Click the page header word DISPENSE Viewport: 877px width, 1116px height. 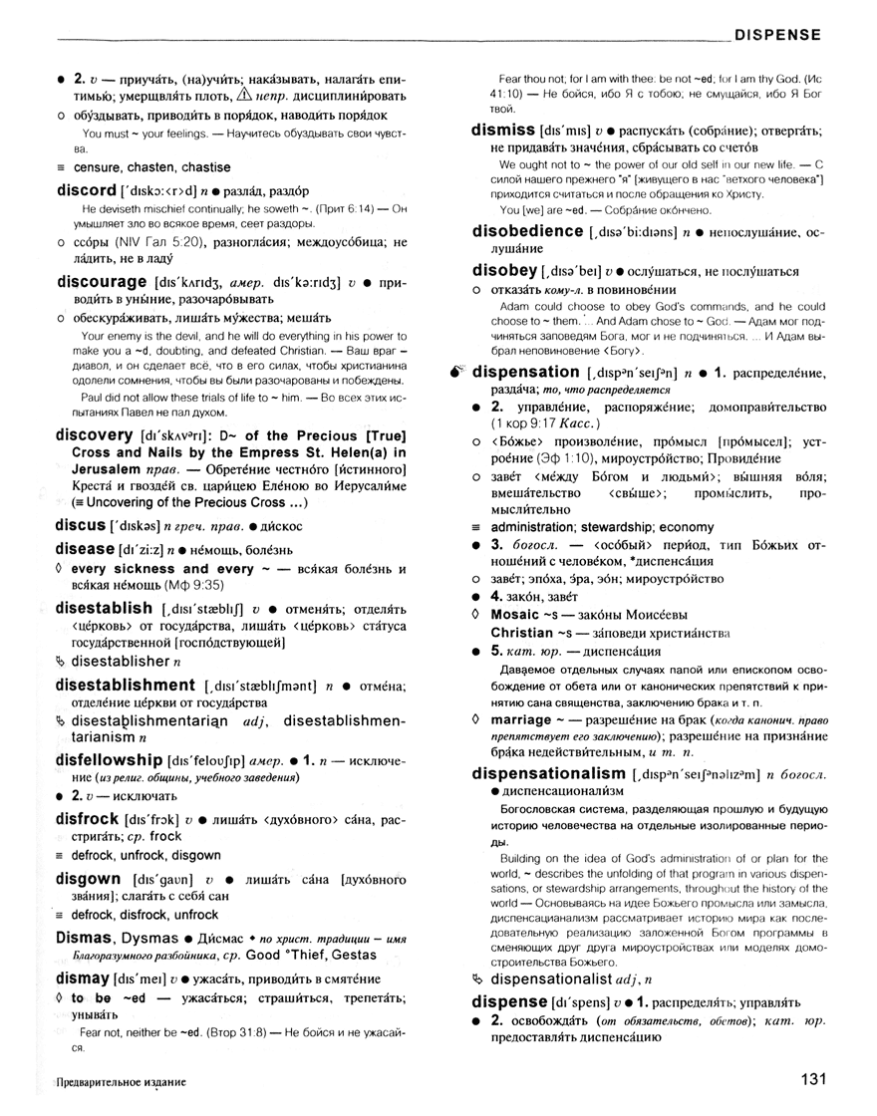coord(777,35)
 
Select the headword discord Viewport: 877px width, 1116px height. coord(88,190)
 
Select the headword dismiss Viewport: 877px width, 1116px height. coord(503,130)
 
